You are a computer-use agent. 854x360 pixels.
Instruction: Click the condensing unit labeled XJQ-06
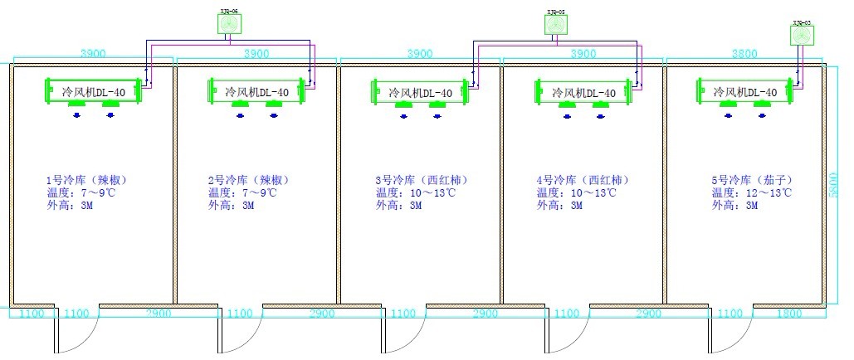[x=230, y=25]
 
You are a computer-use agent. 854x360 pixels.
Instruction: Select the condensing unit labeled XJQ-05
[x=556, y=25]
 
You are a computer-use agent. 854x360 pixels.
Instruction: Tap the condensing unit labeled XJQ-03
[x=802, y=35]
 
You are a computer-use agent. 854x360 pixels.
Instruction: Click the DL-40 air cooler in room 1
[x=94, y=91]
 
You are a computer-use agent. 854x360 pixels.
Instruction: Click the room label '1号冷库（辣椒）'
[x=85, y=180]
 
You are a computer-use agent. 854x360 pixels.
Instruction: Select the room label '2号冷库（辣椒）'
[x=248, y=180]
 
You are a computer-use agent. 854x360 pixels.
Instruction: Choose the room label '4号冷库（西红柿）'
[x=580, y=180]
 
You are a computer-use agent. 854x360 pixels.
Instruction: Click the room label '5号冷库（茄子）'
[x=748, y=180]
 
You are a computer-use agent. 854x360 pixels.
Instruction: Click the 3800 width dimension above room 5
[x=744, y=53]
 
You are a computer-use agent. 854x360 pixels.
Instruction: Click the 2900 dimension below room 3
[x=485, y=314]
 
